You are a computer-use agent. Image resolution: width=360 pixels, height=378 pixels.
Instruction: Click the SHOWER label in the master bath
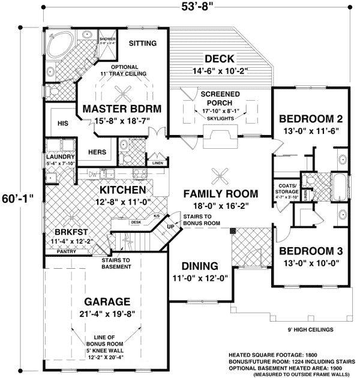(107, 37)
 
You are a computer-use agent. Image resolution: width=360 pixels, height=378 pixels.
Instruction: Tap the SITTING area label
(143, 43)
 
